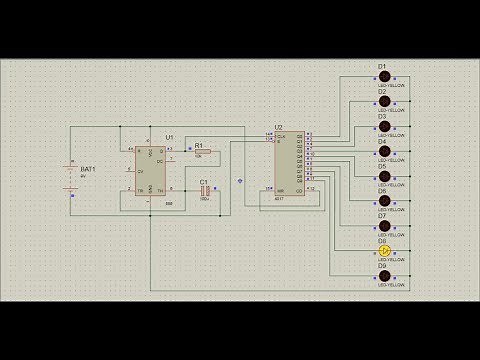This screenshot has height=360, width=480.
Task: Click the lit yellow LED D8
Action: coord(383,251)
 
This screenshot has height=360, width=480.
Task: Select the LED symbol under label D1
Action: coord(383,77)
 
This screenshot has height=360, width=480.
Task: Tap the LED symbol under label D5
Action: coord(383,176)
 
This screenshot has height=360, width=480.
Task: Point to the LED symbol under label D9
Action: coord(383,276)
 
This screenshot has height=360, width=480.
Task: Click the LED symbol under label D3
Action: coord(383,127)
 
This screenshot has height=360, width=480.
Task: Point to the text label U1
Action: coord(169,136)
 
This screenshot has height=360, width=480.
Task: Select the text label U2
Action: coord(278,128)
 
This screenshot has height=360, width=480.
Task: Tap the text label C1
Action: coord(204,181)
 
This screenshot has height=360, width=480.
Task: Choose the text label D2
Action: coord(382,91)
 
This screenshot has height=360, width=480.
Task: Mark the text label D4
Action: coord(382,141)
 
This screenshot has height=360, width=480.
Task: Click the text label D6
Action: coord(382,191)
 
